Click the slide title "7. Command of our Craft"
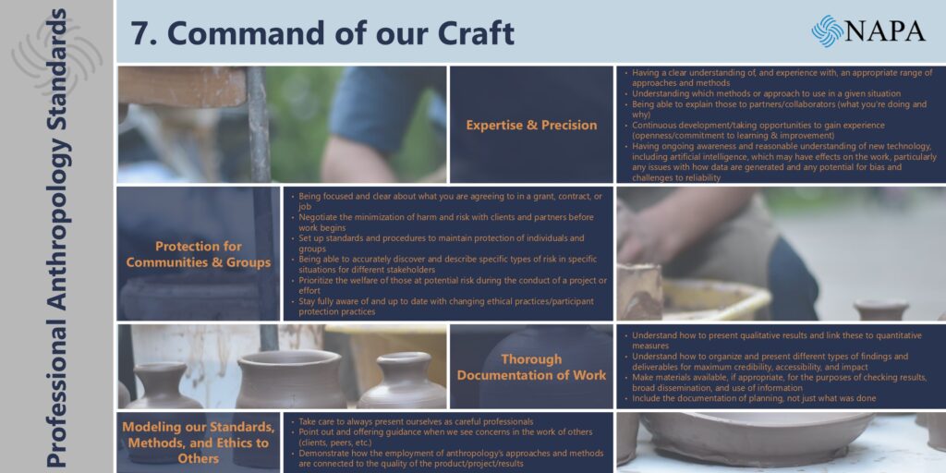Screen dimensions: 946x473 click(322, 32)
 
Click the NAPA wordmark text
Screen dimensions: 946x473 click(885, 30)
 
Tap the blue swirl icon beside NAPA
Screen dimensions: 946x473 click(827, 30)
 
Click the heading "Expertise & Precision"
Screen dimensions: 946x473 click(531, 125)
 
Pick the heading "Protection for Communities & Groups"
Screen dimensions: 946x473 click(199, 255)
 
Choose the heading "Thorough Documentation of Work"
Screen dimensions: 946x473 click(531, 367)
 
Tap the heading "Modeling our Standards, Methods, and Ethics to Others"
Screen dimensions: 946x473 click(199, 443)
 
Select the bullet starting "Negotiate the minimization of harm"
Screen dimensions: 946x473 click(446, 222)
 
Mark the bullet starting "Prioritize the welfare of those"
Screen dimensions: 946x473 click(449, 285)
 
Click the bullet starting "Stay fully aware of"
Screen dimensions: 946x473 click(443, 306)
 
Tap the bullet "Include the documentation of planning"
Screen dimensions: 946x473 click(750, 398)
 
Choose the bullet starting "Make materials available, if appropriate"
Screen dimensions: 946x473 click(775, 382)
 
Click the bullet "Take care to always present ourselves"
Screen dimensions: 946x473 click(412, 421)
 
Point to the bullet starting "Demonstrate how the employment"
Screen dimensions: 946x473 click(447, 458)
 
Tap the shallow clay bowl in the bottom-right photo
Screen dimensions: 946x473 click(758, 439)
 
